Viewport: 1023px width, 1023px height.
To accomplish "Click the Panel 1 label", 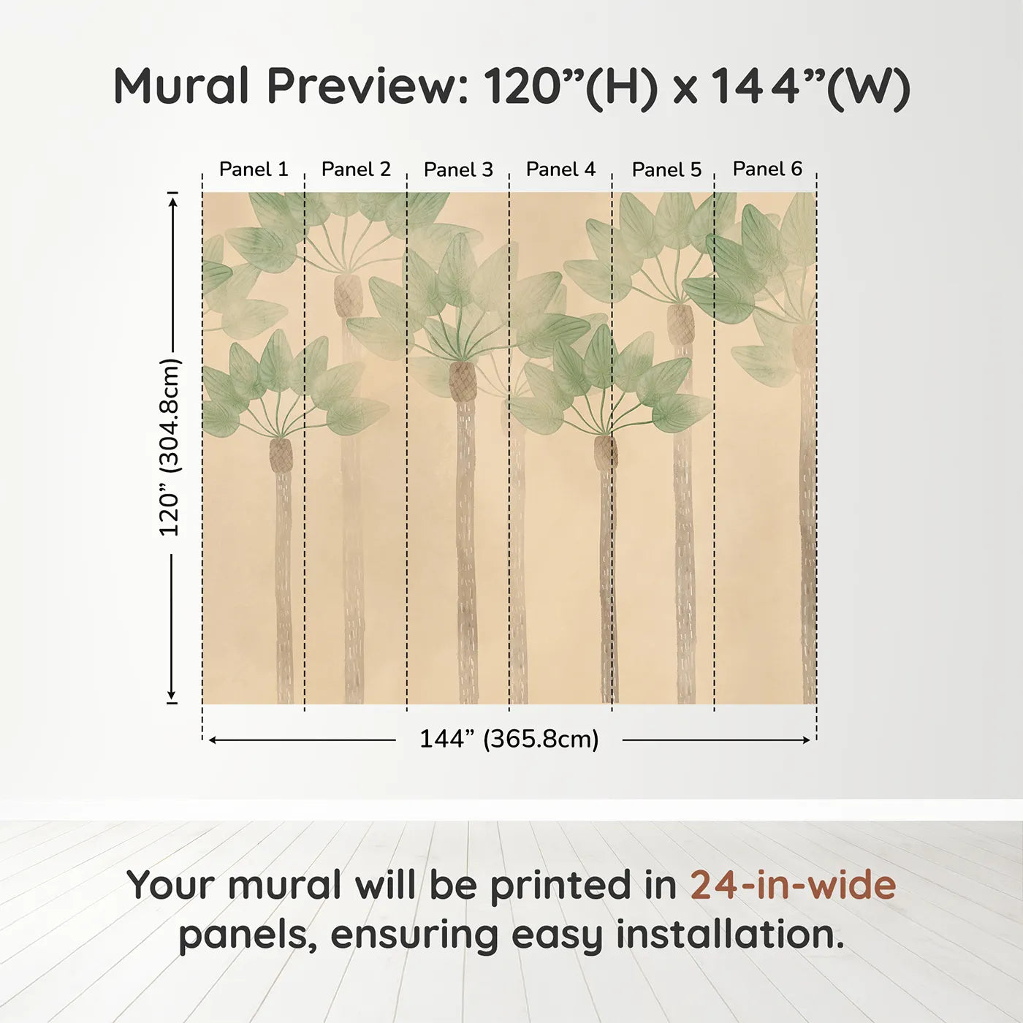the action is click(x=254, y=170).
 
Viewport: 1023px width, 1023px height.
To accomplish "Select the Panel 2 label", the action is click(x=356, y=170).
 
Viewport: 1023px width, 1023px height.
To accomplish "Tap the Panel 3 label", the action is click(x=459, y=170).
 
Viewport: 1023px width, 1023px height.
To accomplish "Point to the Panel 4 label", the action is click(x=561, y=170).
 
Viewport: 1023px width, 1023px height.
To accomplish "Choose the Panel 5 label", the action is click(x=667, y=170).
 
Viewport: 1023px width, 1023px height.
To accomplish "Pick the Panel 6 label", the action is click(x=768, y=169).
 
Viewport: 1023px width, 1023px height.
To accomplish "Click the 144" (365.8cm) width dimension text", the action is click(x=509, y=739).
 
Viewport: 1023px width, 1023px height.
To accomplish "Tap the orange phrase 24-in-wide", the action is click(x=793, y=884).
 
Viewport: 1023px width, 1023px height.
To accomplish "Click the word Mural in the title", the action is click(x=181, y=86).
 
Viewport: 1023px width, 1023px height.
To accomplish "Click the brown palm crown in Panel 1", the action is click(x=281, y=455).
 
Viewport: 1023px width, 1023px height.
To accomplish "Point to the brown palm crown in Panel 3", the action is click(x=463, y=381).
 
